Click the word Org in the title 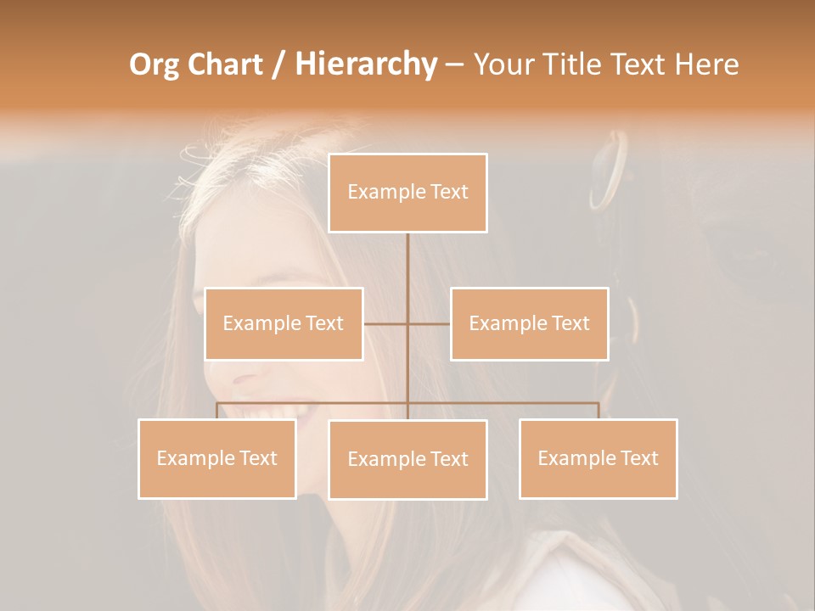[x=155, y=65]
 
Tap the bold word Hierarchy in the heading [x=365, y=65]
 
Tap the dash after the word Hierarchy [x=454, y=65]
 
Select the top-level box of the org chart [x=407, y=193]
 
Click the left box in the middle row [x=284, y=323]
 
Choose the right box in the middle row [x=529, y=323]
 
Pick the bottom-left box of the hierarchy [x=217, y=458]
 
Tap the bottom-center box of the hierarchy [x=407, y=460]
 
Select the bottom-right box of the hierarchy [x=598, y=458]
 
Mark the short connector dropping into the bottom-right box [x=598, y=411]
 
